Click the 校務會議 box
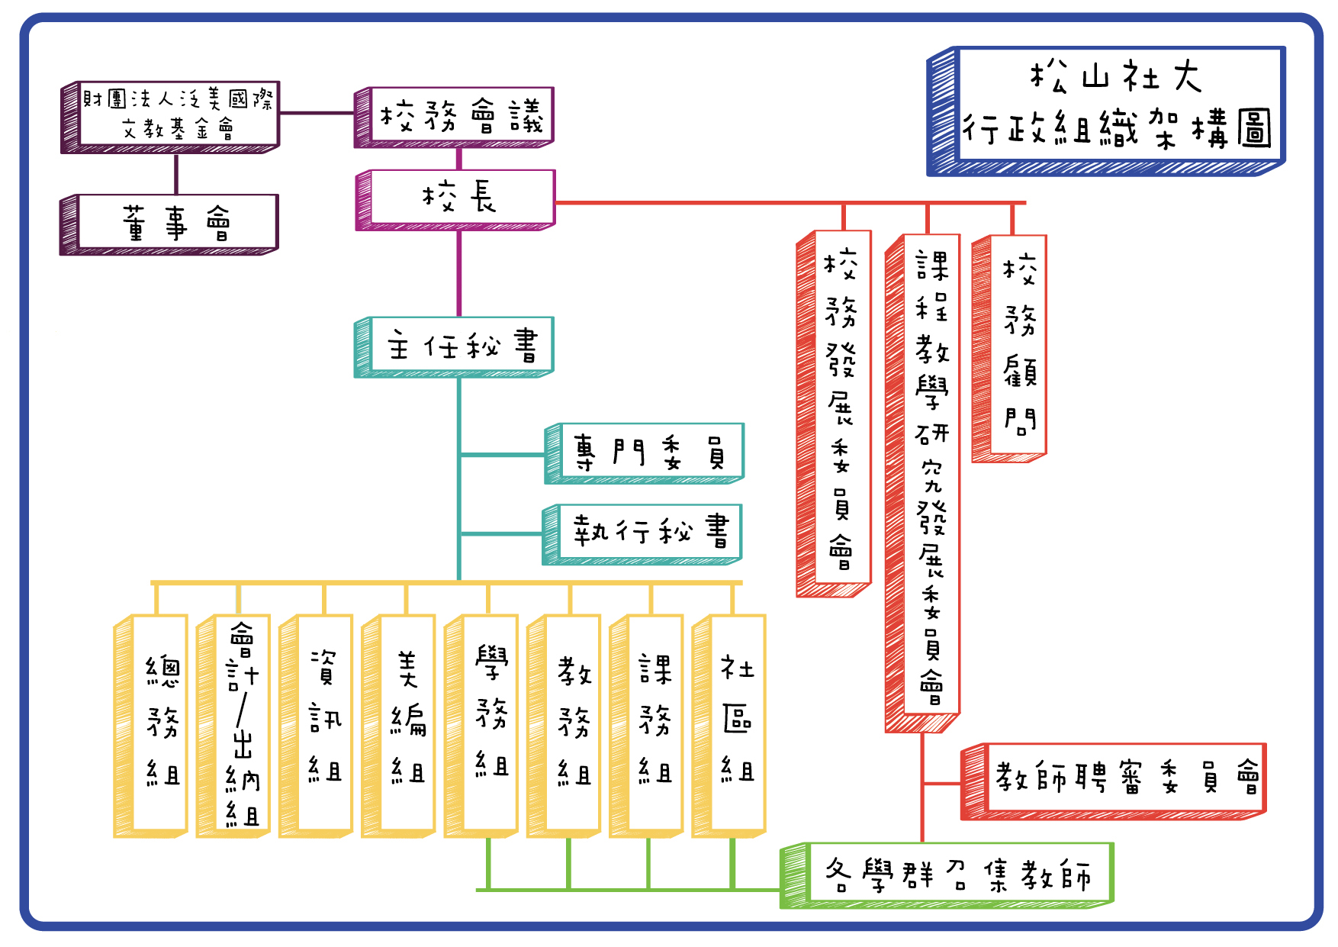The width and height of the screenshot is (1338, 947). (461, 116)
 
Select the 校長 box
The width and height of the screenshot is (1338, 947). (461, 198)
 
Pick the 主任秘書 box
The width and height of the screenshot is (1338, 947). (461, 346)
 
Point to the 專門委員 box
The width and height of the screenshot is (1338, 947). (651, 452)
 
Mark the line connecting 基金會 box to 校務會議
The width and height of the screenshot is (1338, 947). (317, 113)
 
